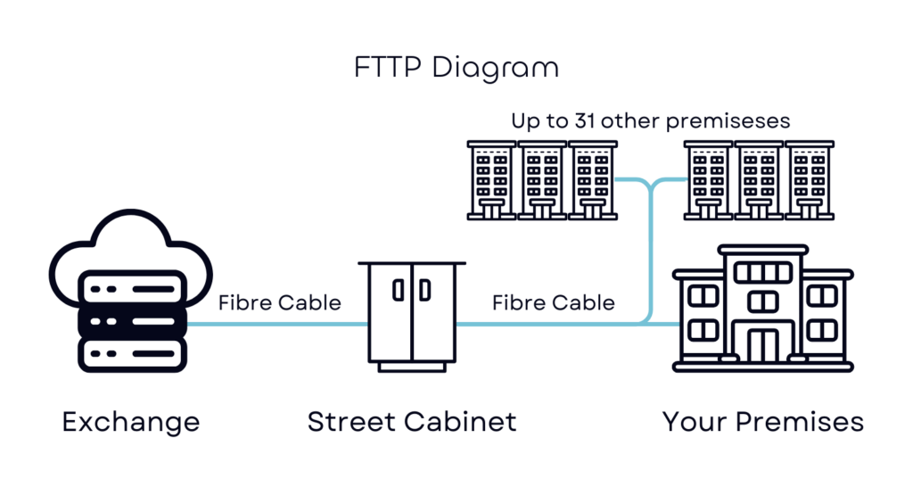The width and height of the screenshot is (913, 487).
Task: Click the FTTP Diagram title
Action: tap(456, 68)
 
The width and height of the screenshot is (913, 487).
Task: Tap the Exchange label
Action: tap(131, 422)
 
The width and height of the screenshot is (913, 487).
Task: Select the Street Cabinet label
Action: tap(412, 422)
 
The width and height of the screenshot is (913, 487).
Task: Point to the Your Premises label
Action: tap(763, 422)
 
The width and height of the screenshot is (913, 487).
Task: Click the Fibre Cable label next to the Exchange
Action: tap(279, 303)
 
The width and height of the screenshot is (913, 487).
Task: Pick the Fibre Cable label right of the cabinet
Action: tap(553, 303)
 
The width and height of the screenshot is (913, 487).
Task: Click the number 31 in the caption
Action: tap(585, 120)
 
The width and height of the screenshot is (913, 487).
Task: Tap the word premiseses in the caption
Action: tap(728, 121)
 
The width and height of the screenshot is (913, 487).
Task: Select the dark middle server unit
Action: tap(133, 321)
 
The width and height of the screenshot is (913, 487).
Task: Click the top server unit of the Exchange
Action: tap(133, 288)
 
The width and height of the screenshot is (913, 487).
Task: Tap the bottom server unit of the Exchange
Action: tap(133, 354)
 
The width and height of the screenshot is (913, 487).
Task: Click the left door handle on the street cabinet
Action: tap(399, 290)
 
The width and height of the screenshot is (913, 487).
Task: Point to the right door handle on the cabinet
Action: tap(425, 290)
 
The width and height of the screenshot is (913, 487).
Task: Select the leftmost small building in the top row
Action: tap(491, 180)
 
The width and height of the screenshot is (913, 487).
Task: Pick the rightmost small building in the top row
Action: tap(810, 180)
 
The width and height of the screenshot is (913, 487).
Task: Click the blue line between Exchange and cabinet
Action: tap(278, 324)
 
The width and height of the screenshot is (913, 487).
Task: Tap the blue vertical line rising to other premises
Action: tap(650, 251)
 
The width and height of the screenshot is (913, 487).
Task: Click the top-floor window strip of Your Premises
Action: tap(763, 273)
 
